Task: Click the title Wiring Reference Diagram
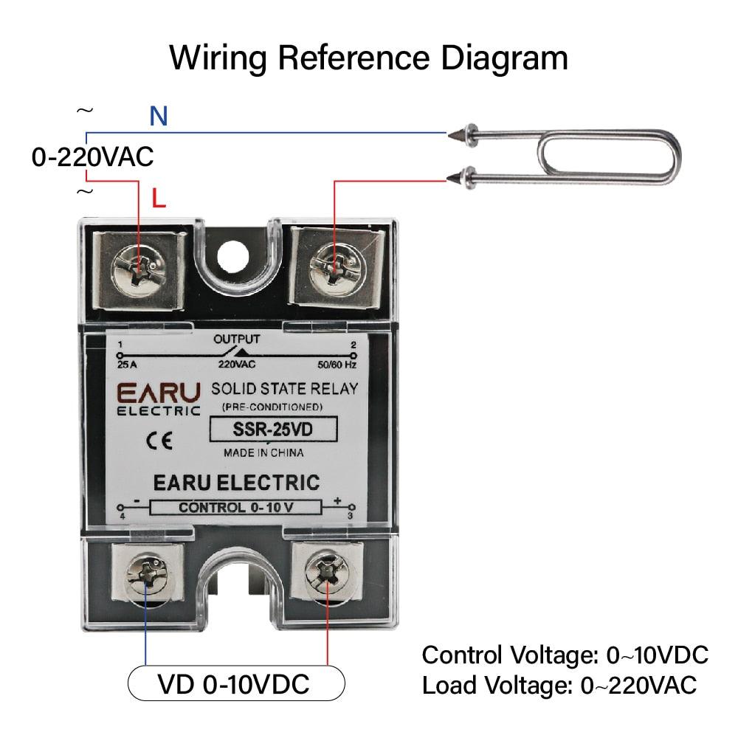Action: (x=369, y=58)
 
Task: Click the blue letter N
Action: (x=159, y=116)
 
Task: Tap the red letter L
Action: (x=159, y=198)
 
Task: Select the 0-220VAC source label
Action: (x=92, y=156)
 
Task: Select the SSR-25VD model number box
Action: (x=273, y=429)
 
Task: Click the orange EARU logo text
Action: (x=158, y=391)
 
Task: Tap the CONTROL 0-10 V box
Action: (x=235, y=507)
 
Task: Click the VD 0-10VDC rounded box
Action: (x=236, y=684)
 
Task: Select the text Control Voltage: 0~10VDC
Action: (x=565, y=655)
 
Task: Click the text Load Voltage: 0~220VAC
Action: (x=559, y=685)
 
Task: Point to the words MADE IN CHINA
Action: (x=263, y=452)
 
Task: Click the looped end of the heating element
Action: (x=664, y=156)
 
